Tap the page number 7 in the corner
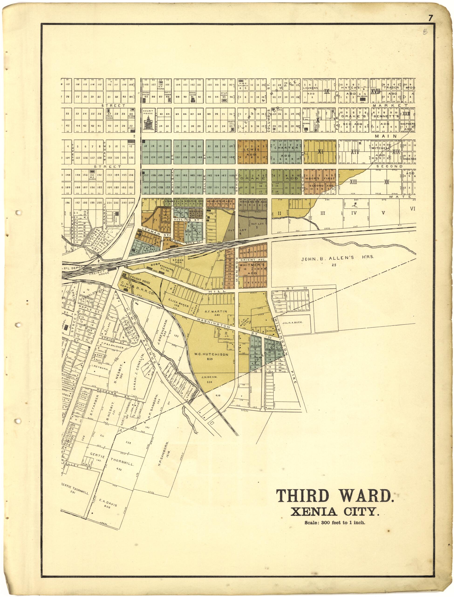tap(430, 18)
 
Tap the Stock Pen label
tap(178, 261)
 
